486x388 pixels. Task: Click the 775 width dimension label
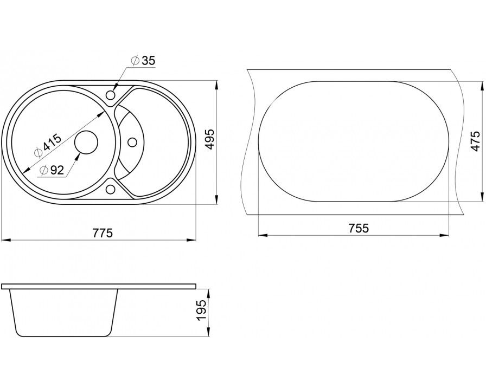103,232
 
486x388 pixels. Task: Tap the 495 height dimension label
210,139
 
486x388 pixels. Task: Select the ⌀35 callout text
143,61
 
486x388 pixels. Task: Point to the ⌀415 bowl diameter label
48,146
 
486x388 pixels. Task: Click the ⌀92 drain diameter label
52,170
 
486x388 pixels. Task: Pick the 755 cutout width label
359,228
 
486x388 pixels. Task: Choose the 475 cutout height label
475,141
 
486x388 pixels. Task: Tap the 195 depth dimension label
201,311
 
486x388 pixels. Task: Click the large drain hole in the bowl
86,142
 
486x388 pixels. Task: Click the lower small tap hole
110,189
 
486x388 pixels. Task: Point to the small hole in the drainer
132,142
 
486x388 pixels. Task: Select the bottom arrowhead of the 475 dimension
482,197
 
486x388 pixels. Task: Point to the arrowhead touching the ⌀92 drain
76,157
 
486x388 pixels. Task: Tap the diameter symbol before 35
136,61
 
